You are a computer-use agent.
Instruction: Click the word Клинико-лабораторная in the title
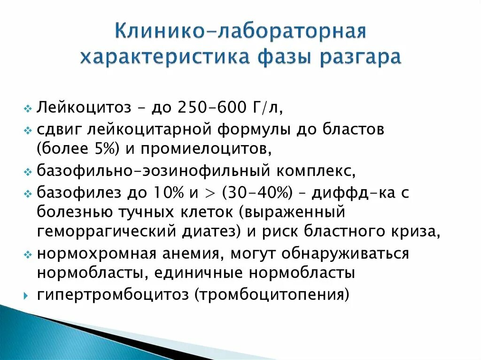(240, 33)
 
